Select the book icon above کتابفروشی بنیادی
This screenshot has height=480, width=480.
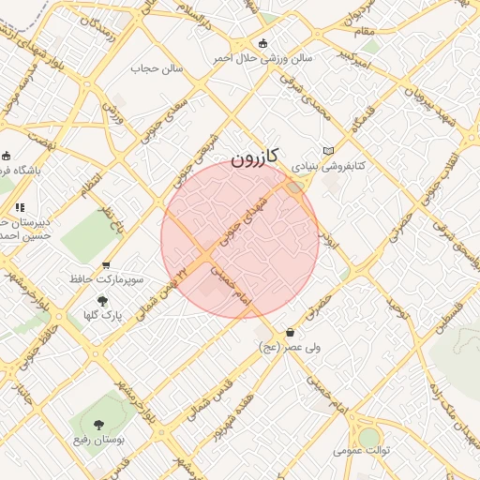(327, 151)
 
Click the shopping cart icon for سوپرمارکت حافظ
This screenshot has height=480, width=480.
(106, 266)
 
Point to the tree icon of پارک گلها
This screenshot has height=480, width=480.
(101, 301)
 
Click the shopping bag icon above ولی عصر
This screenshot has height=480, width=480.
(290, 332)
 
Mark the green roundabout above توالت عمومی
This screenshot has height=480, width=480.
(369, 435)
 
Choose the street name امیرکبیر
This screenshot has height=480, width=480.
(359, 64)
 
